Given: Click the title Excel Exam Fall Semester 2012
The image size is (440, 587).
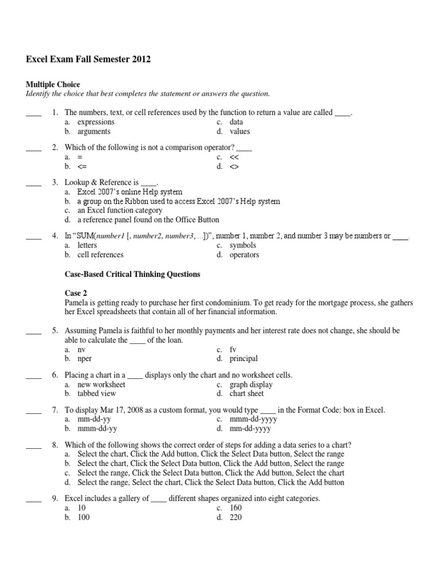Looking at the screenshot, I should (89, 60).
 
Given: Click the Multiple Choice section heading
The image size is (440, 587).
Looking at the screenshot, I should (52, 84).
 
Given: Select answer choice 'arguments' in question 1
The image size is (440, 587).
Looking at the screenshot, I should (95, 131).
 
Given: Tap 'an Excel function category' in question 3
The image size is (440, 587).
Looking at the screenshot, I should (120, 210).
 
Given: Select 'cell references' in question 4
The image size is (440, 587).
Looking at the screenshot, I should (100, 255).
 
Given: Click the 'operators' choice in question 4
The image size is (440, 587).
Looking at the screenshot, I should (244, 255).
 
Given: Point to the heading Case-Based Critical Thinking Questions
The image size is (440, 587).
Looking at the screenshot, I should (132, 275).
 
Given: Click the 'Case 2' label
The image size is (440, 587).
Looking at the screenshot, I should (77, 293).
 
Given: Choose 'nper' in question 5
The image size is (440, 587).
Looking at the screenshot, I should (85, 358).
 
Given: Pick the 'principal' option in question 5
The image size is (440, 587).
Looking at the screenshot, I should (243, 358).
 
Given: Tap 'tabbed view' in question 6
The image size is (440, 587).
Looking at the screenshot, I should (96, 393).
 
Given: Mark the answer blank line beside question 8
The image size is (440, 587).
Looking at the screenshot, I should (34, 445).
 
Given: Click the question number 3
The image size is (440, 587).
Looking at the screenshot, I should (55, 183).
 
